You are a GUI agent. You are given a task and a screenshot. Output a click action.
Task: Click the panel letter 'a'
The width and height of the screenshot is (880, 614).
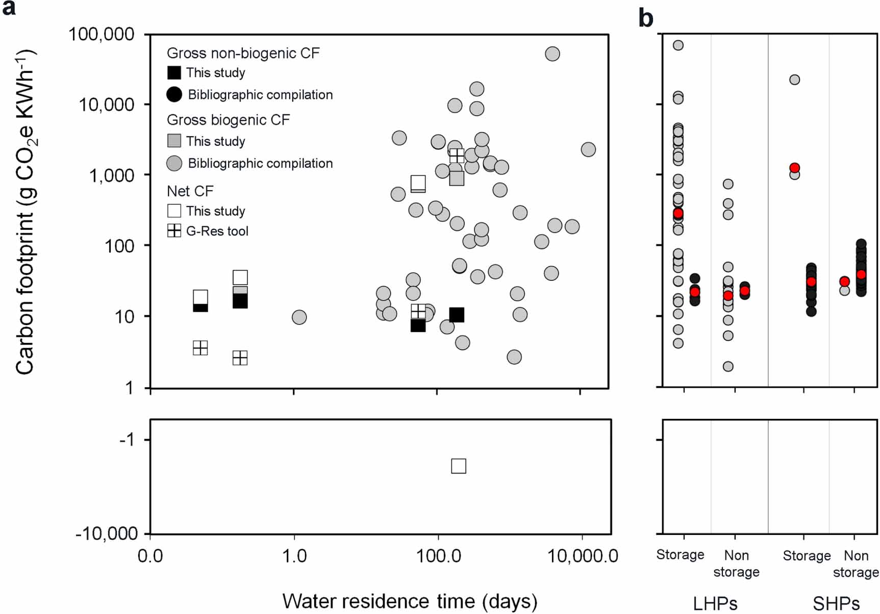[9, 9]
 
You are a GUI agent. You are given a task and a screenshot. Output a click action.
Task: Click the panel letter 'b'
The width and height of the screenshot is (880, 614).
[645, 18]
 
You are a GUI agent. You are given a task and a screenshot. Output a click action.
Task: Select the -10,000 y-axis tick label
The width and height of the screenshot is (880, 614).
[107, 533]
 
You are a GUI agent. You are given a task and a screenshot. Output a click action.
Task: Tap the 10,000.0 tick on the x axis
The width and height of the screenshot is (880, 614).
[582, 556]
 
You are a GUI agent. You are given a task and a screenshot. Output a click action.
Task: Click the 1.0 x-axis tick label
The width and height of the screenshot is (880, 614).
[294, 556]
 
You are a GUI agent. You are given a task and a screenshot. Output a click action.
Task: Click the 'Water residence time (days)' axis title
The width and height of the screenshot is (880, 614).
[410, 601]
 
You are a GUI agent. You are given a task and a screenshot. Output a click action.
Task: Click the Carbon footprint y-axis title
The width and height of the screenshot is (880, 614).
[24, 211]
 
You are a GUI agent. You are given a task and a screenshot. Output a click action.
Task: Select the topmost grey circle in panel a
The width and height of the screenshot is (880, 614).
[552, 54]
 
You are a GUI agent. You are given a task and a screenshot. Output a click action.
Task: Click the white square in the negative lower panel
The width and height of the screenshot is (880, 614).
[458, 466]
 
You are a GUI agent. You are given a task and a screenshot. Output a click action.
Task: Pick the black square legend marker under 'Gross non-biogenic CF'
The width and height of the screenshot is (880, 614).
[174, 73]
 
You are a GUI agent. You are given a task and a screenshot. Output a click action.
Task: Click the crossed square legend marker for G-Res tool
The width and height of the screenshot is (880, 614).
[174, 231]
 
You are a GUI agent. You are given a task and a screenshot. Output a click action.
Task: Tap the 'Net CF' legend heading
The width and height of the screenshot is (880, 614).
[190, 191]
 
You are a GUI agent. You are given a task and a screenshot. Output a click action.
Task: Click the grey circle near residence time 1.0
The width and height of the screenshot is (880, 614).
[299, 317]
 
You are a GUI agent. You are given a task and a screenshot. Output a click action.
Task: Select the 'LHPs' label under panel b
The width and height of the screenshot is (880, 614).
[715, 604]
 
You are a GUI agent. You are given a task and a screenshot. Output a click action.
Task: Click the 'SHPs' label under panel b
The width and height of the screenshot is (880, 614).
[836, 604]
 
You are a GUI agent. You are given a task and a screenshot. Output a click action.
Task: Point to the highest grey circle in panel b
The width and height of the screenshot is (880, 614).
[678, 45]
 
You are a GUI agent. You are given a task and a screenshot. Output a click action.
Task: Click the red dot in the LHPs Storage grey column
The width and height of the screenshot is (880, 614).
[678, 213]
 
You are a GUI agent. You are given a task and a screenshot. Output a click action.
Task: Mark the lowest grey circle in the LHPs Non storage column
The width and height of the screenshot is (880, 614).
[728, 366]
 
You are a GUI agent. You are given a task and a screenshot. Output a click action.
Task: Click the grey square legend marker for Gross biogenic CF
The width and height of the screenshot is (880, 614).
[174, 141]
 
